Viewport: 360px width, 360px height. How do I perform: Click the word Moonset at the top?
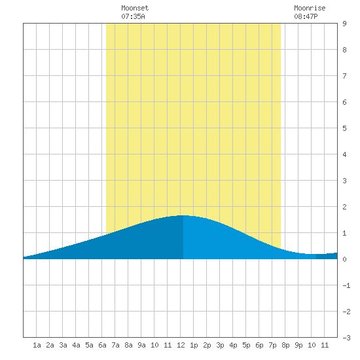(135, 8)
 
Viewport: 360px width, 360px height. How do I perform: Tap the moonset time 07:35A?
(133, 16)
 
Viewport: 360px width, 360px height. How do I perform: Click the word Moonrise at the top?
(310, 8)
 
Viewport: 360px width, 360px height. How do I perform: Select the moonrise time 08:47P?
(306, 16)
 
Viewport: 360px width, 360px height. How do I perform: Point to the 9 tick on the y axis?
(344, 24)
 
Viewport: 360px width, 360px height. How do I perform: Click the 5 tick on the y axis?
(344, 128)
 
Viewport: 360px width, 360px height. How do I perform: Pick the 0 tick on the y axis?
(344, 259)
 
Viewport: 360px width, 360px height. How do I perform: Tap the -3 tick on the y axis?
(346, 338)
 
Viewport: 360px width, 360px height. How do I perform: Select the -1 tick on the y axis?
(346, 285)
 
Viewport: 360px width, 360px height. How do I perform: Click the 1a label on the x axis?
(37, 345)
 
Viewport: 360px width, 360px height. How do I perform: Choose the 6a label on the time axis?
(102, 345)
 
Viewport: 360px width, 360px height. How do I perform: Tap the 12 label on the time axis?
(181, 345)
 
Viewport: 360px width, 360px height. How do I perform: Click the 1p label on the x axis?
(194, 345)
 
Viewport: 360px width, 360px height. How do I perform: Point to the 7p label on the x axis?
(272, 345)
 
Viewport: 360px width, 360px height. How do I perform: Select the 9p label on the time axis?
(298, 345)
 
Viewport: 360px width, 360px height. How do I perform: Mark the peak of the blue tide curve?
(183, 215)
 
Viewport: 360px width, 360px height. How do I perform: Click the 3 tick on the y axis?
(344, 181)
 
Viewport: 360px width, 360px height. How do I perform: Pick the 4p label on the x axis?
(233, 345)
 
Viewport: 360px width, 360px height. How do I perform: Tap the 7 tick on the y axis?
(344, 76)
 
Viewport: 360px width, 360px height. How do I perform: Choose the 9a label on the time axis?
(141, 345)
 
